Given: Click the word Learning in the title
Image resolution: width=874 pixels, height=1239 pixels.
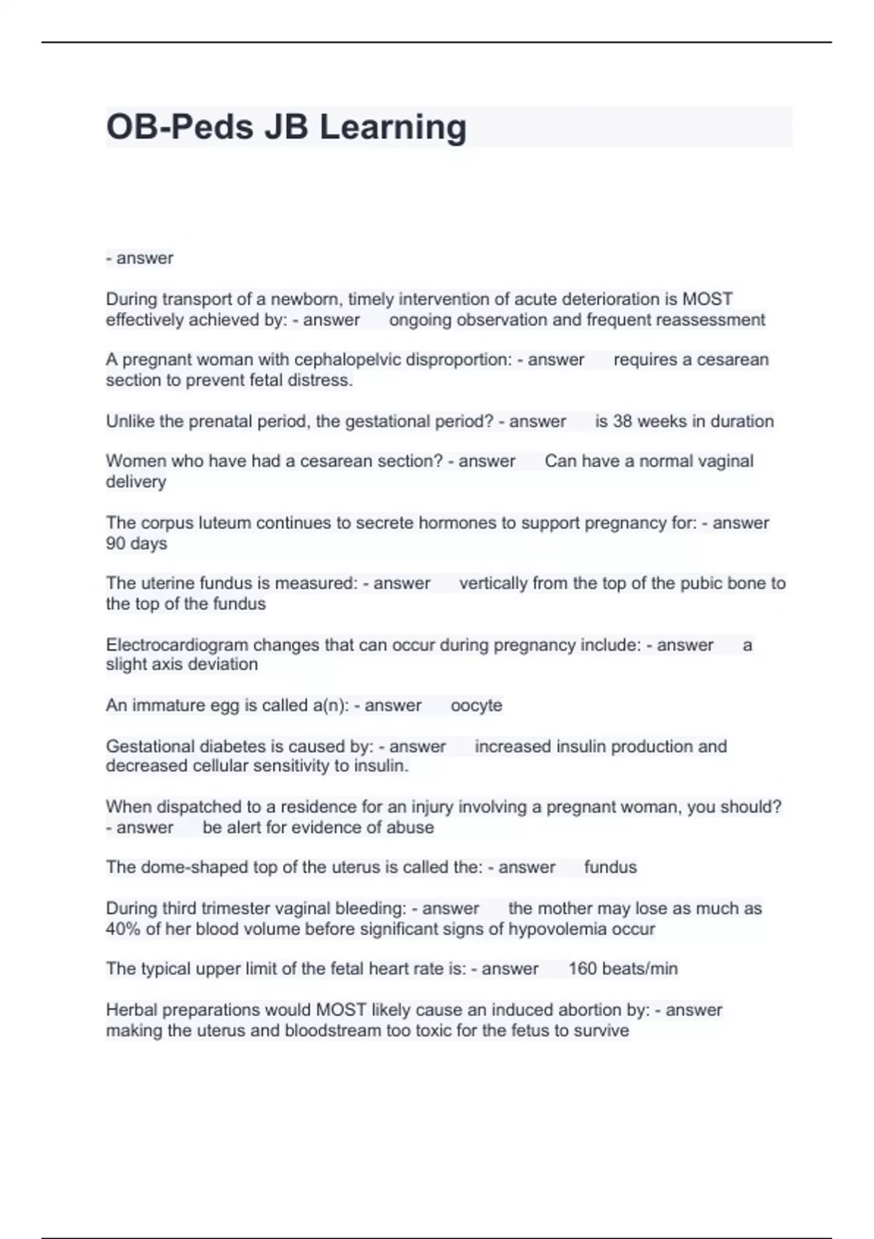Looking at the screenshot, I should [x=393, y=127].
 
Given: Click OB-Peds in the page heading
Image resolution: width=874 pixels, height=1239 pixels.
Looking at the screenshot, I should [x=179, y=127].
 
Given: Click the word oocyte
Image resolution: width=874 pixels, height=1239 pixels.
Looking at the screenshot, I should [x=476, y=706].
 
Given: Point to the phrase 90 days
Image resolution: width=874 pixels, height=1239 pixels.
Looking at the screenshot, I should [x=136, y=544].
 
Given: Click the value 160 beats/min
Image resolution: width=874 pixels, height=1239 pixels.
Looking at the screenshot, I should [x=623, y=969].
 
